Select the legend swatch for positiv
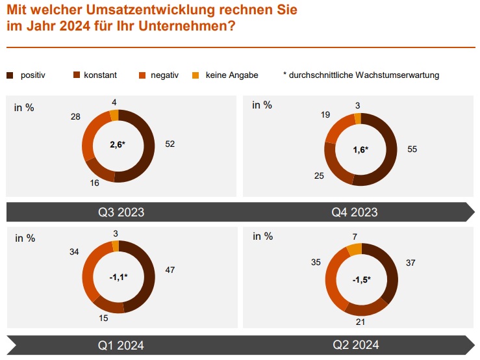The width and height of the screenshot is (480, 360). [x=10, y=75]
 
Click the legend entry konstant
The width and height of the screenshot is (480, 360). [x=100, y=75]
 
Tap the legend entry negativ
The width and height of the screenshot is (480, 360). [x=164, y=75]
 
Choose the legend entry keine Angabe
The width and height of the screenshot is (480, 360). [x=231, y=75]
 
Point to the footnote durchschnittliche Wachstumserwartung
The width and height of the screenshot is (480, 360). [x=364, y=75]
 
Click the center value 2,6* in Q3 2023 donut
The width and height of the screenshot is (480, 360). [x=118, y=146]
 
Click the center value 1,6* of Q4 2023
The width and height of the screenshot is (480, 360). [x=360, y=149]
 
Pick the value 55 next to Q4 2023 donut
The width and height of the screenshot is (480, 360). [x=412, y=149]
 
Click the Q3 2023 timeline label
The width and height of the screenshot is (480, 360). [x=121, y=212]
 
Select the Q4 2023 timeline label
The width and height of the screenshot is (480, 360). [x=355, y=212]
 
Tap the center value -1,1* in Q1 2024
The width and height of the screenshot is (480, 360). [x=118, y=277]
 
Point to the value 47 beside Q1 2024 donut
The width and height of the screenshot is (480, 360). [x=171, y=269]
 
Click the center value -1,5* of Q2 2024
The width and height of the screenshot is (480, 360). [x=361, y=279]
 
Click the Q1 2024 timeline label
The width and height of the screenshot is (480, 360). [x=121, y=345]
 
